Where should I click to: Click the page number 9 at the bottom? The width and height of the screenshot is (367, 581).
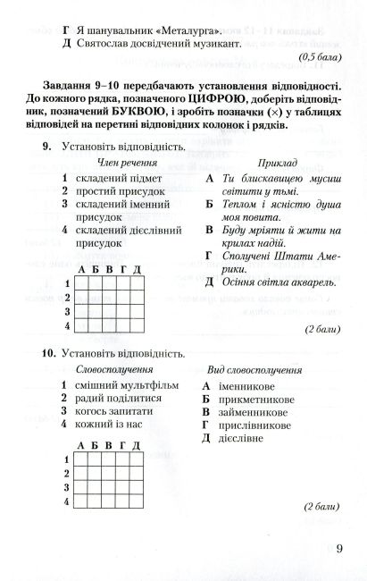point(340,550)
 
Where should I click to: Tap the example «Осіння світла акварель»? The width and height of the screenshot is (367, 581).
point(267,282)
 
